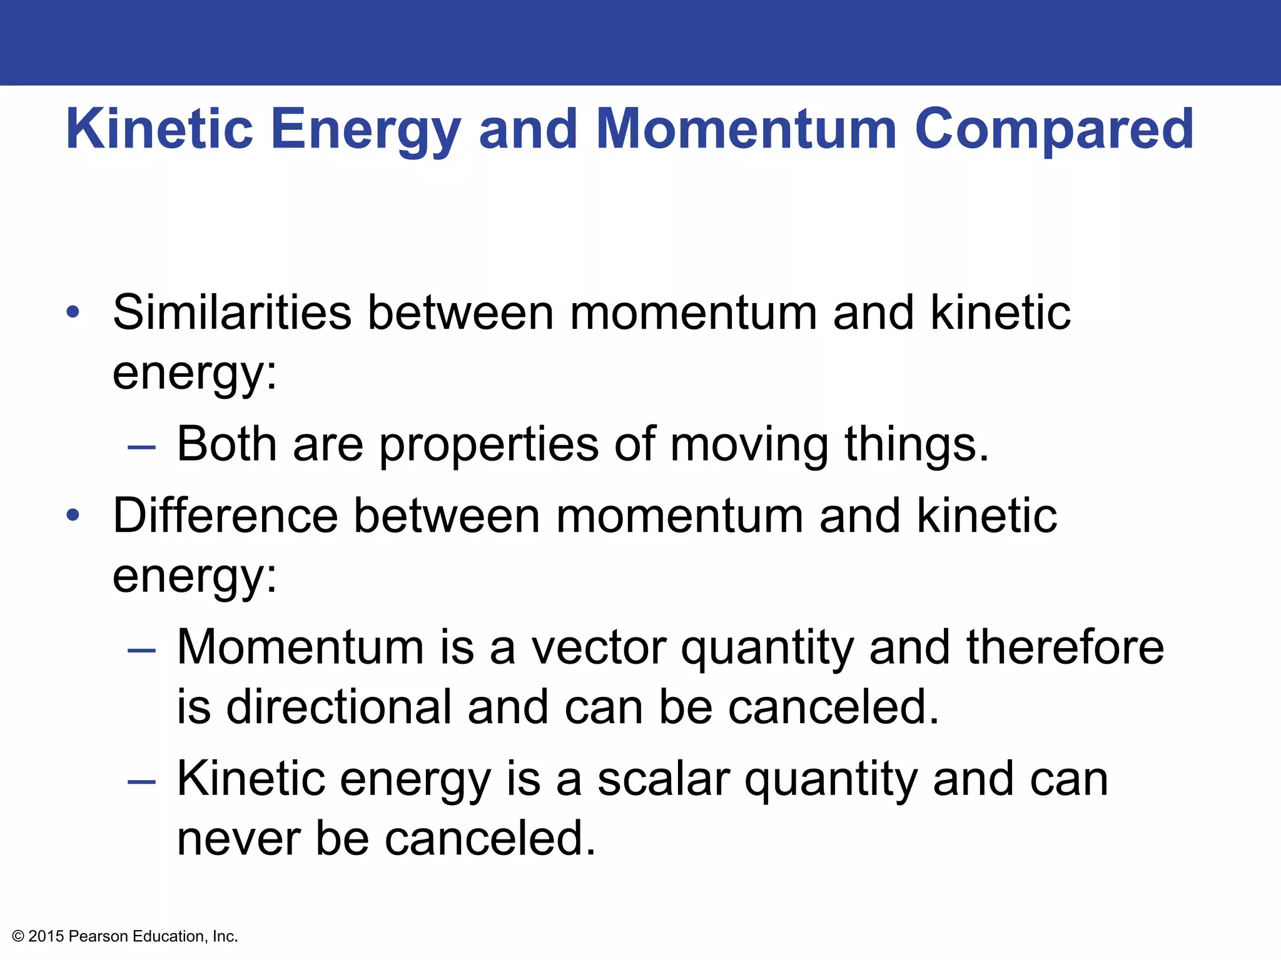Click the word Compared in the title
(1054, 129)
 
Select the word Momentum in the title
(746, 129)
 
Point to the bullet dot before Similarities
(73, 312)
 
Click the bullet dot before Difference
(73, 516)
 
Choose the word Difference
(225, 516)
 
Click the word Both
(226, 444)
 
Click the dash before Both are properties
(141, 447)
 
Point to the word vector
(598, 647)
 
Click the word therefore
(1065, 647)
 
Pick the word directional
(338, 707)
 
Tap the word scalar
(663, 779)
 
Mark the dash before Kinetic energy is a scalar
(141, 782)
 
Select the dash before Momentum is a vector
(141, 651)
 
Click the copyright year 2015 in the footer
(46, 936)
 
